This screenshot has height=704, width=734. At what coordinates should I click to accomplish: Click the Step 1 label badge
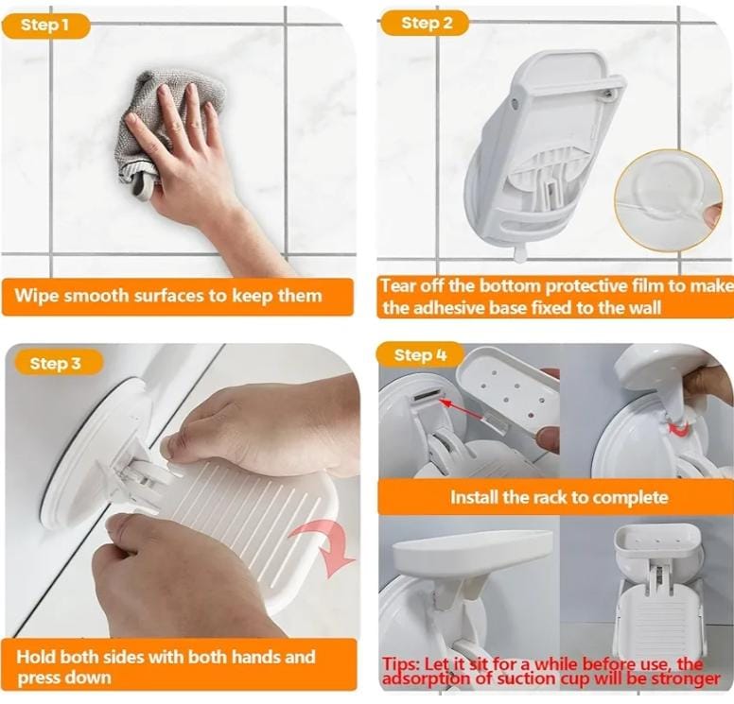(45, 26)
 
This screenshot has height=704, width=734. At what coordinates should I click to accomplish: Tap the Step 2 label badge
(424, 24)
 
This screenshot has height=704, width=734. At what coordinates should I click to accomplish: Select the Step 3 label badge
(58, 363)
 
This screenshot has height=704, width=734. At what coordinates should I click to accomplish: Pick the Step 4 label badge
(421, 355)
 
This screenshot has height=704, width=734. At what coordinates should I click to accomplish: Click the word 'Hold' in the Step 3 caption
(36, 657)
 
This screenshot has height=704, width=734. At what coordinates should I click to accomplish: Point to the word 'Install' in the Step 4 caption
(474, 497)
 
